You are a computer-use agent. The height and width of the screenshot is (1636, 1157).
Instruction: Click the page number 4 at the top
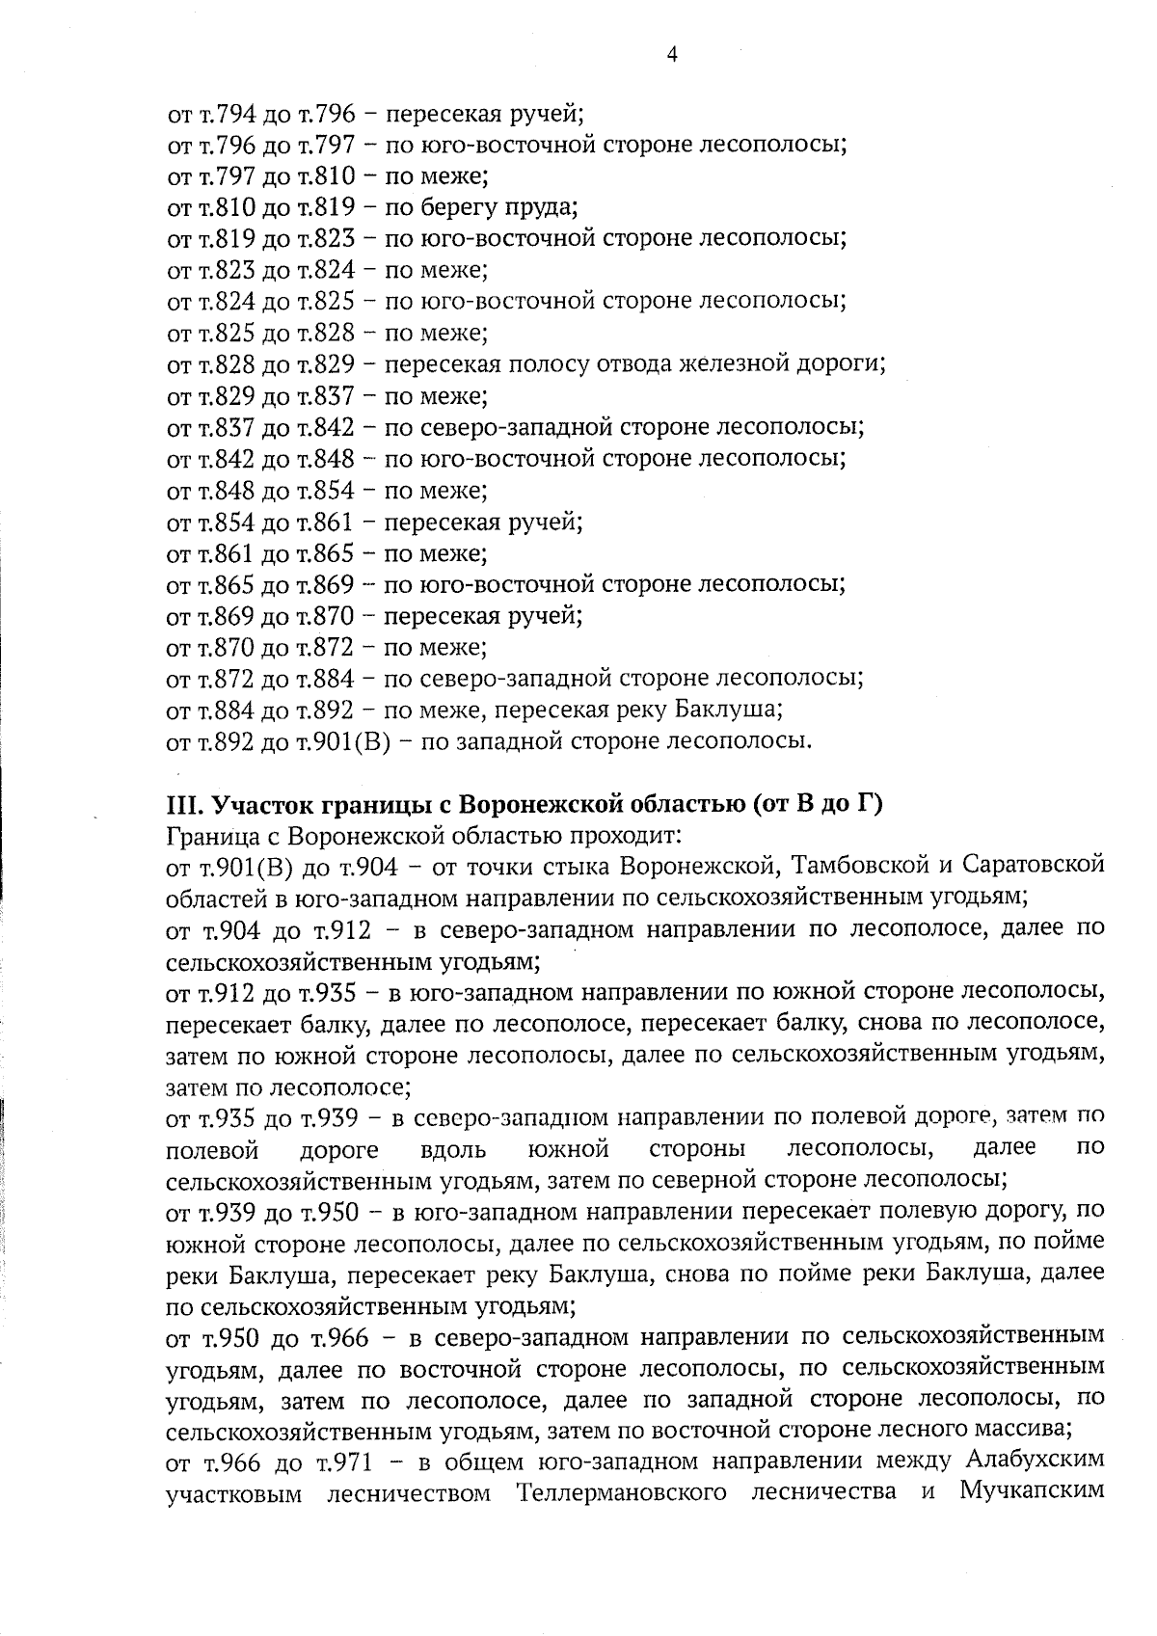[x=672, y=54]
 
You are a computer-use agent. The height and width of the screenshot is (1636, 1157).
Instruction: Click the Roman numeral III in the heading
[x=181, y=804]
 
